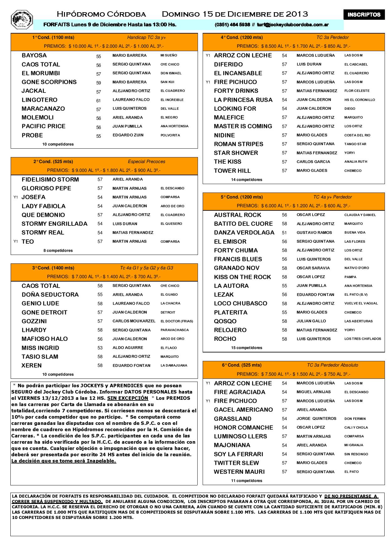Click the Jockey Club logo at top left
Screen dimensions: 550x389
(22, 19)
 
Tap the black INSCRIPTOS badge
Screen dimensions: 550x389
(364, 15)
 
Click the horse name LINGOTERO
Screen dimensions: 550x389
(40, 100)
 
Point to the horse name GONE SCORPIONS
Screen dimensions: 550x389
(49, 82)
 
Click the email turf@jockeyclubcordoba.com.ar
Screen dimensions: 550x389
(293, 25)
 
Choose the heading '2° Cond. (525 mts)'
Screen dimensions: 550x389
(53, 162)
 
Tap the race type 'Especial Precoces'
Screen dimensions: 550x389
(147, 162)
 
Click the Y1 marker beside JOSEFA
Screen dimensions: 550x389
(16, 198)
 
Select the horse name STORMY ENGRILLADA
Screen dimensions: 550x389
(55, 224)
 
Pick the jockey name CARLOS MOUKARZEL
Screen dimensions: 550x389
(134, 321)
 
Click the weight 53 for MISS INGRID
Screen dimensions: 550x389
(100, 348)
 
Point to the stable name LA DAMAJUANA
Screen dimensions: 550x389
(174, 366)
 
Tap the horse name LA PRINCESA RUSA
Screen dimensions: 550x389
(243, 100)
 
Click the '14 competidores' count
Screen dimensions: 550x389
(247, 180)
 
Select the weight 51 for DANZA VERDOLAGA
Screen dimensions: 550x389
(284, 233)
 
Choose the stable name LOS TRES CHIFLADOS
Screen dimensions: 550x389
(363, 339)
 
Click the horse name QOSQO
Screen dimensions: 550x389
(225, 321)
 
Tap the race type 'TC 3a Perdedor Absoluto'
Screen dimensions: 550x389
(332, 365)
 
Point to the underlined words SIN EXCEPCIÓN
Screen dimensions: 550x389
(128, 398)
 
